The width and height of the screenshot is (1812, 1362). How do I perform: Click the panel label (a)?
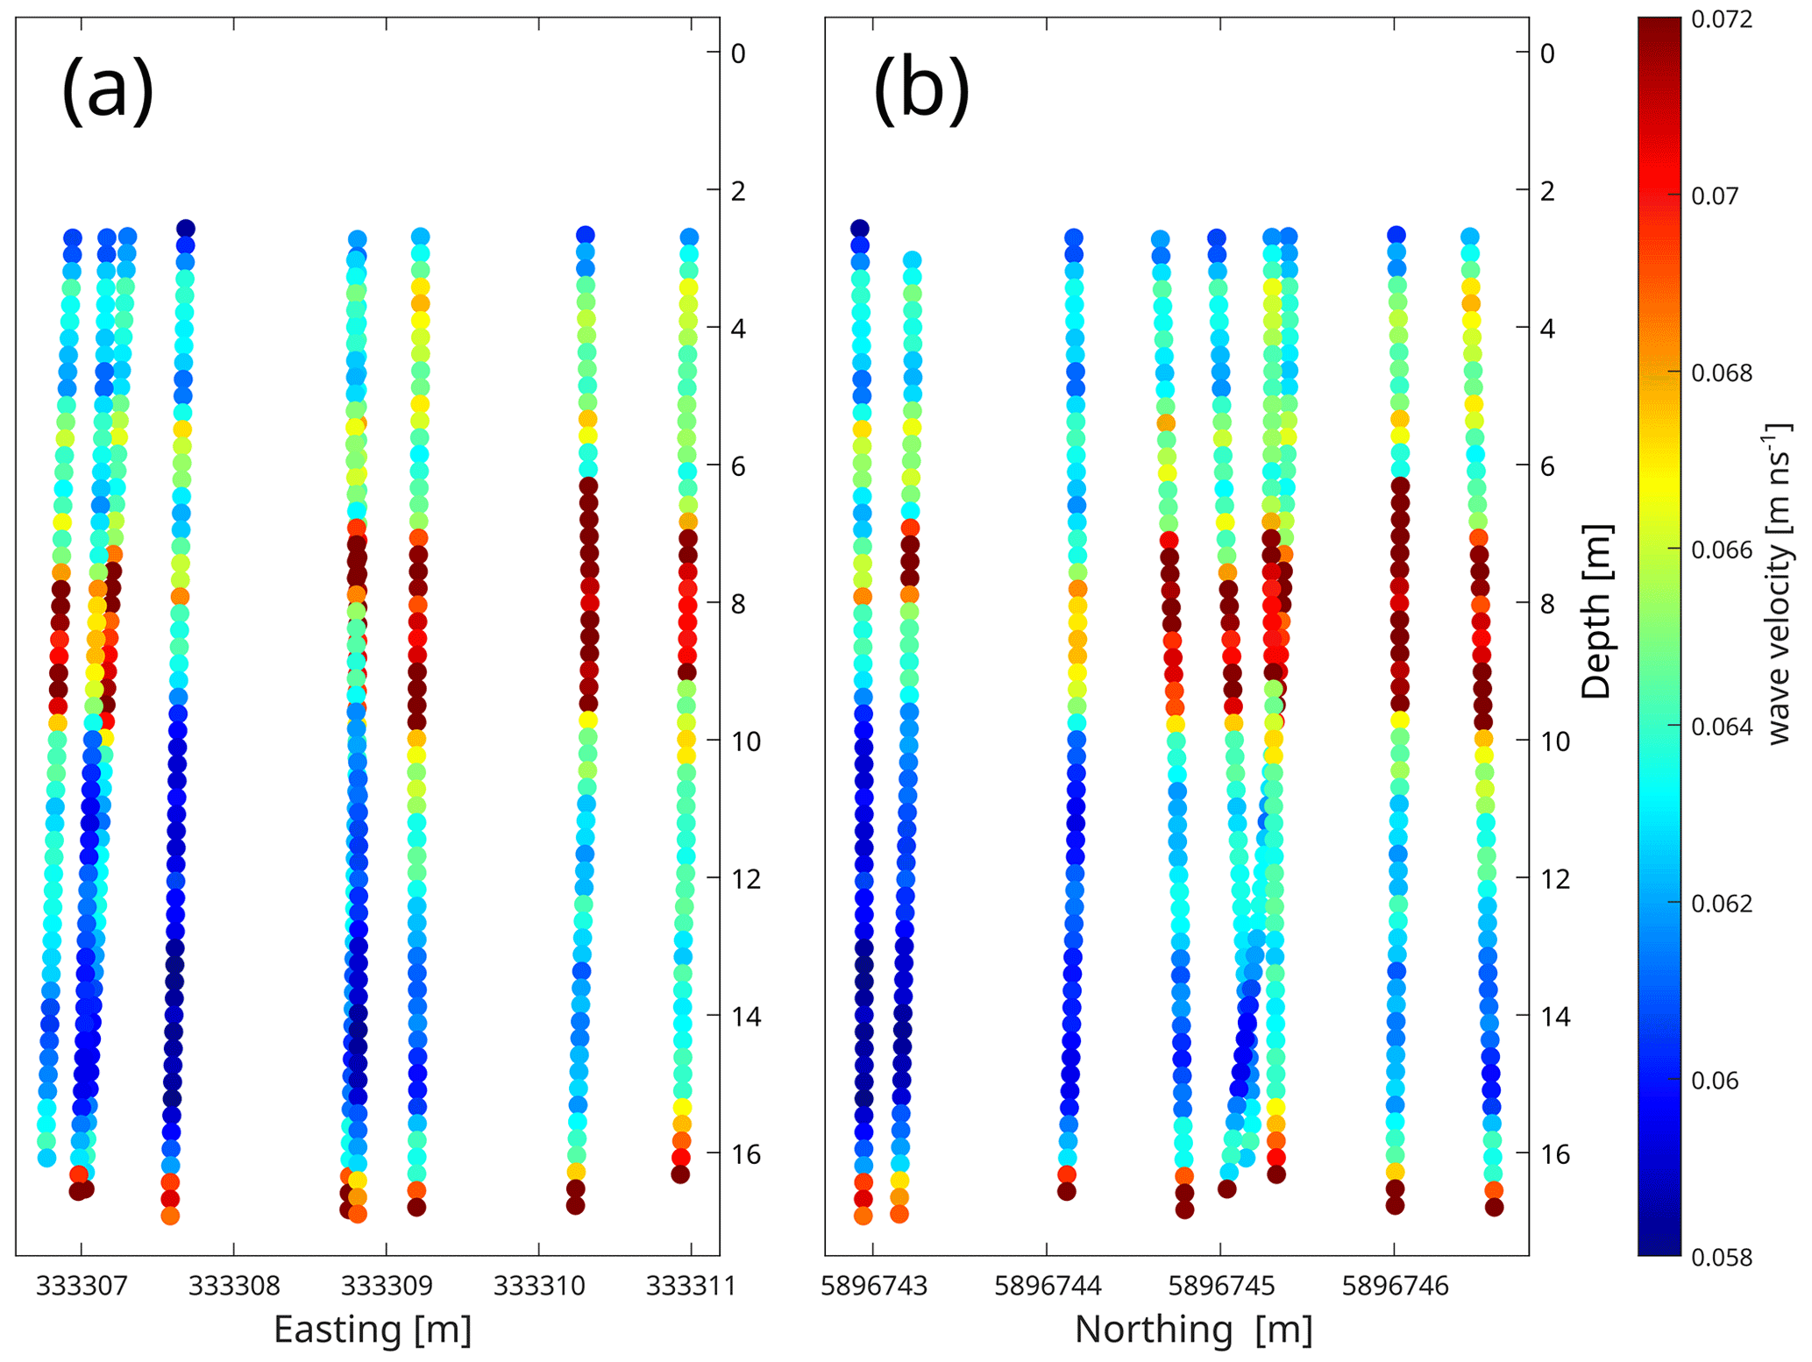[x=107, y=89]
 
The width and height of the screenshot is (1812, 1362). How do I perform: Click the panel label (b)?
[x=920, y=89]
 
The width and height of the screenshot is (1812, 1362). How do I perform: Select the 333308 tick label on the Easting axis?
[x=234, y=1286]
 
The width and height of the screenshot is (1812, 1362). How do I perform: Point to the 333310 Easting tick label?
[x=539, y=1286]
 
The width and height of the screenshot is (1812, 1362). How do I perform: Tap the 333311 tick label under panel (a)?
[x=691, y=1286]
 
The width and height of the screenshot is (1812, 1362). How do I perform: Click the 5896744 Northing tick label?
[x=1047, y=1286]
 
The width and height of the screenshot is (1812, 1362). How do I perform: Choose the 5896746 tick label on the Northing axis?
[x=1395, y=1286]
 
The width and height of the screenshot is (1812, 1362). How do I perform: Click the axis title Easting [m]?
[x=373, y=1330]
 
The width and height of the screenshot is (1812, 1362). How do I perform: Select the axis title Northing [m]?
[x=1193, y=1330]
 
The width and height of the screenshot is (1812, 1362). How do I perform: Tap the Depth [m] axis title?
[x=1596, y=611]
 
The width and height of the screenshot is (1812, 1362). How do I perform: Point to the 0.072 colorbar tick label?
[x=1722, y=19]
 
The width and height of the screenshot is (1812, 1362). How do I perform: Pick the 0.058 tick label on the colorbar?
[x=1722, y=1258]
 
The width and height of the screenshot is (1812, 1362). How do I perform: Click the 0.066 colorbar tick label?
[x=1722, y=550]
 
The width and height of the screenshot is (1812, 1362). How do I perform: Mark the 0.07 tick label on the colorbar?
[x=1715, y=196]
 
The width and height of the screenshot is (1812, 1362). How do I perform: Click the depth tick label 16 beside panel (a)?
[x=745, y=1154]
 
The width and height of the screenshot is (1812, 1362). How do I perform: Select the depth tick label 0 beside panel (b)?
[x=1547, y=53]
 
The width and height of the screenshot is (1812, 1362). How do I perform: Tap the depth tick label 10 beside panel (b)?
[x=1555, y=741]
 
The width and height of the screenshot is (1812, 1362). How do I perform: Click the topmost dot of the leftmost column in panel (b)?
[x=859, y=229]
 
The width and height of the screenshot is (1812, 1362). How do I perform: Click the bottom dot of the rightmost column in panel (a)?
[x=680, y=1174]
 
